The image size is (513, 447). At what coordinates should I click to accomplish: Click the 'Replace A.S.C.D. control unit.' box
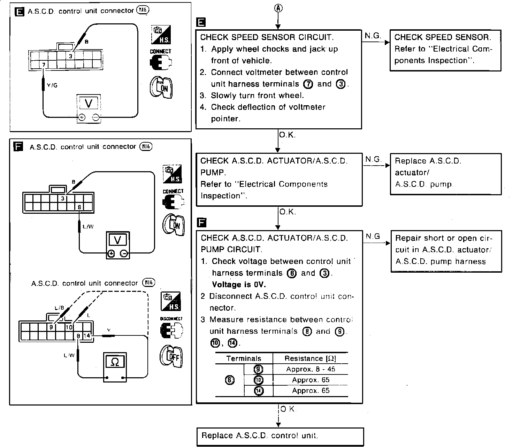point(280,436)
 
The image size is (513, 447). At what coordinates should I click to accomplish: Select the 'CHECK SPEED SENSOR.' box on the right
point(445,50)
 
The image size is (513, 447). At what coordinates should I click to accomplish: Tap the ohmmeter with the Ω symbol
point(115,367)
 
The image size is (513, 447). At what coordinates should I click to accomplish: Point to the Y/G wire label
point(52,85)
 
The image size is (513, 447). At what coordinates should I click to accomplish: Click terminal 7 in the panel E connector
point(44,65)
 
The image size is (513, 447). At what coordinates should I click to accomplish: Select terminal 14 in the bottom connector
point(87,336)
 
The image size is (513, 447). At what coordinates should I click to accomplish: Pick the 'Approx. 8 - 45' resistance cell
point(311,369)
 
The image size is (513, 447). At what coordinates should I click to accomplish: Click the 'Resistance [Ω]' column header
point(310,358)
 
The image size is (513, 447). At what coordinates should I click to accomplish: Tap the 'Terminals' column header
point(244,358)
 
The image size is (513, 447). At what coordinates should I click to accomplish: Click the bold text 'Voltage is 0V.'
point(239,285)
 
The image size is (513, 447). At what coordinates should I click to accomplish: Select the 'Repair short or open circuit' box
point(446,250)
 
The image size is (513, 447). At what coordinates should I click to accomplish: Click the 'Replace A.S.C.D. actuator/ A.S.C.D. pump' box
point(446,173)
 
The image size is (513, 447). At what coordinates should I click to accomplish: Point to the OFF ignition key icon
point(171,356)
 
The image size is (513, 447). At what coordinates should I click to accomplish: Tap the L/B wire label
point(60,308)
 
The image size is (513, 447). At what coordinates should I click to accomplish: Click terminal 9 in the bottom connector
point(51,327)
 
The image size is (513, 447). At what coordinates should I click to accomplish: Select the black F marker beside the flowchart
point(201,222)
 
